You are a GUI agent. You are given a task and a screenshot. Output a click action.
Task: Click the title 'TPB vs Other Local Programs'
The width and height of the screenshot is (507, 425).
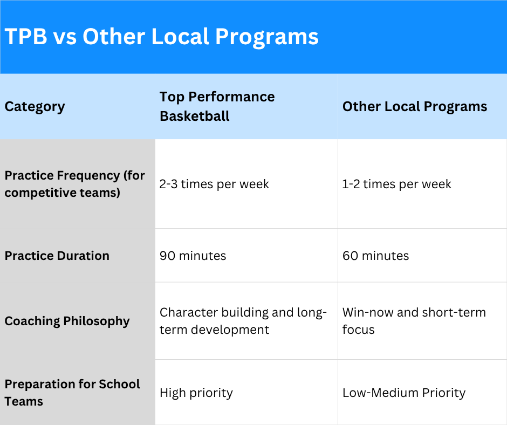[162, 36]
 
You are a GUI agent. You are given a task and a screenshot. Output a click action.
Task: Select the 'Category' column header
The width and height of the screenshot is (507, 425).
[35, 107]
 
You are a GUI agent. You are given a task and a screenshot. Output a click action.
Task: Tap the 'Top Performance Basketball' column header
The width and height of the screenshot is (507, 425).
[217, 106]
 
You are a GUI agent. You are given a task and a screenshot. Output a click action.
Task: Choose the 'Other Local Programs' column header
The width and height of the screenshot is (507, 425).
[415, 106]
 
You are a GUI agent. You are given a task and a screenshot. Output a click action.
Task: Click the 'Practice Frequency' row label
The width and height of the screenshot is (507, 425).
[74, 184]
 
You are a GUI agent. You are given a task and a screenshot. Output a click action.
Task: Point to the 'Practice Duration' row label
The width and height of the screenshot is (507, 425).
[57, 256]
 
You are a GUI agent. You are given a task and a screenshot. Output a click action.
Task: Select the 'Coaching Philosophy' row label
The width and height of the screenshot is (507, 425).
[67, 321]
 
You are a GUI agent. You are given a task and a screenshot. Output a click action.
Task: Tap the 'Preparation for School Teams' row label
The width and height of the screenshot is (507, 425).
[72, 393]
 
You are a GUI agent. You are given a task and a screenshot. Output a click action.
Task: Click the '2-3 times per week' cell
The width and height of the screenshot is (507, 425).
[214, 184]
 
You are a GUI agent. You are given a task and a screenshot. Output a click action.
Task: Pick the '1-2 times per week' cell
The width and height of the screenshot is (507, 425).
[397, 184]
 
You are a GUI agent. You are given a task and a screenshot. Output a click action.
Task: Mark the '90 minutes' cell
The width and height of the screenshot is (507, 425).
[193, 256]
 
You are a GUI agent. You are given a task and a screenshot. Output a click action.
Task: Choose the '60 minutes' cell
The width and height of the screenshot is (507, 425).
[376, 256]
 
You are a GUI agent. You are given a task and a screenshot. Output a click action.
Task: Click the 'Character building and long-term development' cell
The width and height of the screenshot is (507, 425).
[243, 321]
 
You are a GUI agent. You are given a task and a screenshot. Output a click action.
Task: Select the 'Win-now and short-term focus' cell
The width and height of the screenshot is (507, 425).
[414, 321]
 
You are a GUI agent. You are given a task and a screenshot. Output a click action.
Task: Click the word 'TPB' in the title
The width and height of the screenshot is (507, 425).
[26, 36]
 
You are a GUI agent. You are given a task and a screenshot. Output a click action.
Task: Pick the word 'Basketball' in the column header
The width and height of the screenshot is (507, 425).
[195, 116]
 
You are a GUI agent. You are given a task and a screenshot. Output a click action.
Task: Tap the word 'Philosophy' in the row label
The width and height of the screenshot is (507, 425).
[97, 321]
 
